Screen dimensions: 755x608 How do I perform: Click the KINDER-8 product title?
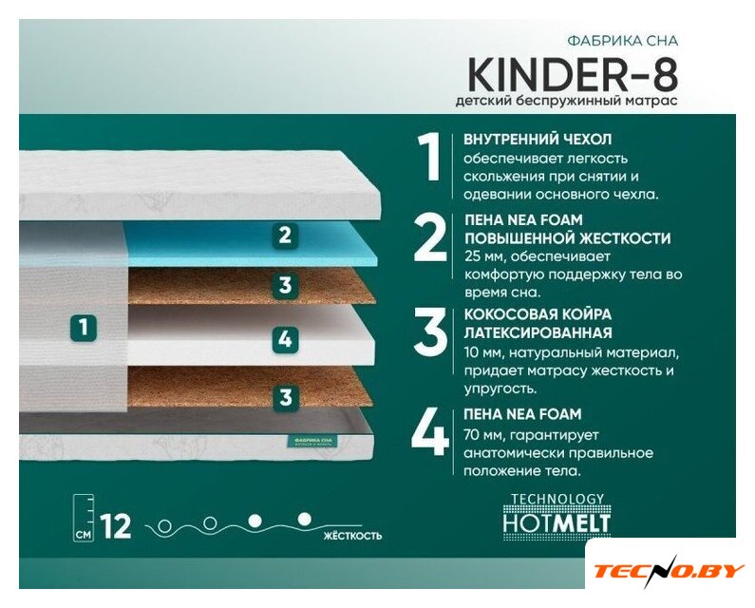573,75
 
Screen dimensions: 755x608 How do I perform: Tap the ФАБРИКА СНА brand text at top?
623,41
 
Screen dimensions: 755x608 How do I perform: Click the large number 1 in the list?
428,157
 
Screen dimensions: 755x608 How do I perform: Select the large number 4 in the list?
430,431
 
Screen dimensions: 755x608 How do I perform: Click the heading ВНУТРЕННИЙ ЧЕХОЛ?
538,140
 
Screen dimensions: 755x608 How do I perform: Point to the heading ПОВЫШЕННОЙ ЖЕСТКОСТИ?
568,238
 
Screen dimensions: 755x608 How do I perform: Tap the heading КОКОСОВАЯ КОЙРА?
538,314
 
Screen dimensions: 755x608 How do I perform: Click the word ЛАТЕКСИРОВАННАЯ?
538,332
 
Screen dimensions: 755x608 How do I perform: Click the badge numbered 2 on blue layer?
285,235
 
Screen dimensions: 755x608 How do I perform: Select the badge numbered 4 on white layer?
285,339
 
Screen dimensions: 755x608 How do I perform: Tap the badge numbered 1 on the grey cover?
84,328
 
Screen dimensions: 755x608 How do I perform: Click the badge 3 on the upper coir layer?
285,285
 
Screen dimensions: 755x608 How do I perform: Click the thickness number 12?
116,526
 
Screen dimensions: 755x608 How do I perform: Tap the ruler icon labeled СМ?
84,518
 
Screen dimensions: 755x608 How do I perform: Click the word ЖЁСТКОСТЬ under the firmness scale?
353,535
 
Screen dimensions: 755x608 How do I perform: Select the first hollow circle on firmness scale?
165,525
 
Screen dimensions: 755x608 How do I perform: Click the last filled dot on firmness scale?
304,519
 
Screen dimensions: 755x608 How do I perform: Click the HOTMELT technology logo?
557,514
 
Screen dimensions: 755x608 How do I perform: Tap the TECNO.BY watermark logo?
670,571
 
